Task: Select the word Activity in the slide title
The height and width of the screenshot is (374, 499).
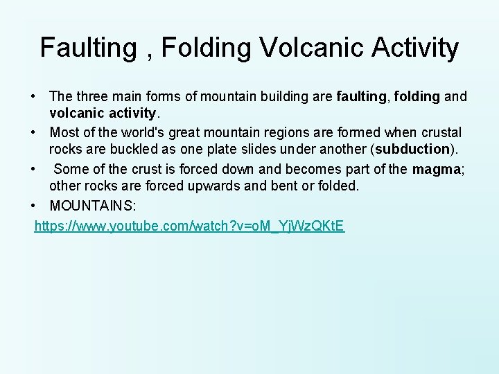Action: click(416, 48)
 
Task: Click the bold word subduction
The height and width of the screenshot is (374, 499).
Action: click(412, 149)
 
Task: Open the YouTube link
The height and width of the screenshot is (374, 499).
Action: click(189, 226)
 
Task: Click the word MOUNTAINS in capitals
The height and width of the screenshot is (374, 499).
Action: click(96, 206)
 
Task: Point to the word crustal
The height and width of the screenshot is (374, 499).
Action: click(440, 132)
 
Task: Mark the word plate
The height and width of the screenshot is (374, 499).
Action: click(226, 149)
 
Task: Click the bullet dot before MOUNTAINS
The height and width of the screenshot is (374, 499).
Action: click(33, 206)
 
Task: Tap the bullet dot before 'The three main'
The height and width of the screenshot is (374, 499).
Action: click(33, 96)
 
